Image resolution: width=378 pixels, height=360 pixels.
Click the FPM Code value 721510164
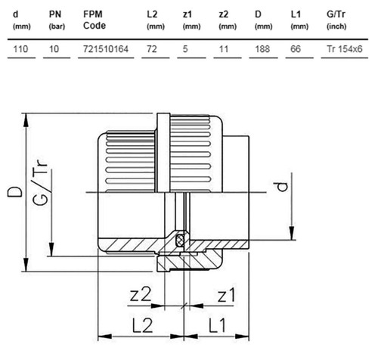(x=106, y=49)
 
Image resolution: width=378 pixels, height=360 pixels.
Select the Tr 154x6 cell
(x=345, y=49)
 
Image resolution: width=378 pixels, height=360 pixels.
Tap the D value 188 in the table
(x=262, y=49)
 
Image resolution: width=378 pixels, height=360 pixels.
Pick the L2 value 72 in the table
(x=152, y=49)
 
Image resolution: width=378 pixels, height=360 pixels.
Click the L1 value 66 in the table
(x=296, y=49)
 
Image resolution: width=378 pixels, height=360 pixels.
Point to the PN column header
(x=57, y=20)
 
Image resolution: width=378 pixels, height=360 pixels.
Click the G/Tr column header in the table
(x=336, y=20)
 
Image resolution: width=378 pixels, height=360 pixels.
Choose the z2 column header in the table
(x=228, y=20)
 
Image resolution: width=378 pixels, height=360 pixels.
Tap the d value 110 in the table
(x=20, y=49)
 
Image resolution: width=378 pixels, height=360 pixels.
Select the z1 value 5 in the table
(x=185, y=49)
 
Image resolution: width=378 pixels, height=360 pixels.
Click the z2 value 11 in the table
(x=224, y=49)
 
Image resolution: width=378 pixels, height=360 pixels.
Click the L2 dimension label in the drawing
(x=142, y=325)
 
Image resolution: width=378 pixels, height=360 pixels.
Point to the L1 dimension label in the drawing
(x=217, y=325)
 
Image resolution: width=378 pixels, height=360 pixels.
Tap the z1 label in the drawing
(x=227, y=295)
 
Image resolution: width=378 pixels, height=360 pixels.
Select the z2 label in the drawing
(x=141, y=294)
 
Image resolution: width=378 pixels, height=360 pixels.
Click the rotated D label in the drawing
(x=14, y=192)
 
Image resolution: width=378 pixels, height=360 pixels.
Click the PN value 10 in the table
(x=54, y=49)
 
